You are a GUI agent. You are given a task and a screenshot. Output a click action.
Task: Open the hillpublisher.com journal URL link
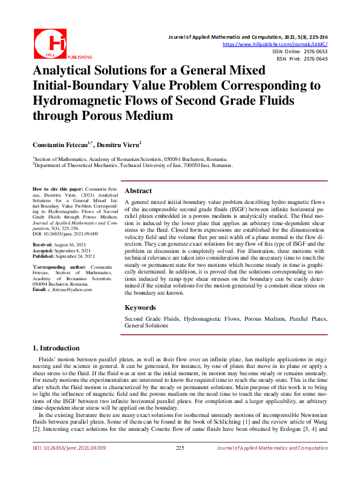275,44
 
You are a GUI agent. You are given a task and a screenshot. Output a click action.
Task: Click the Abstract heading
137,190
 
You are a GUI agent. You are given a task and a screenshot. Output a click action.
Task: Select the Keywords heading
140,307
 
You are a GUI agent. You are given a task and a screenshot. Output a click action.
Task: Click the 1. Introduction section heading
56,348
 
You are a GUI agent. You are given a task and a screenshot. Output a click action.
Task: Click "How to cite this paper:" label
57,189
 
